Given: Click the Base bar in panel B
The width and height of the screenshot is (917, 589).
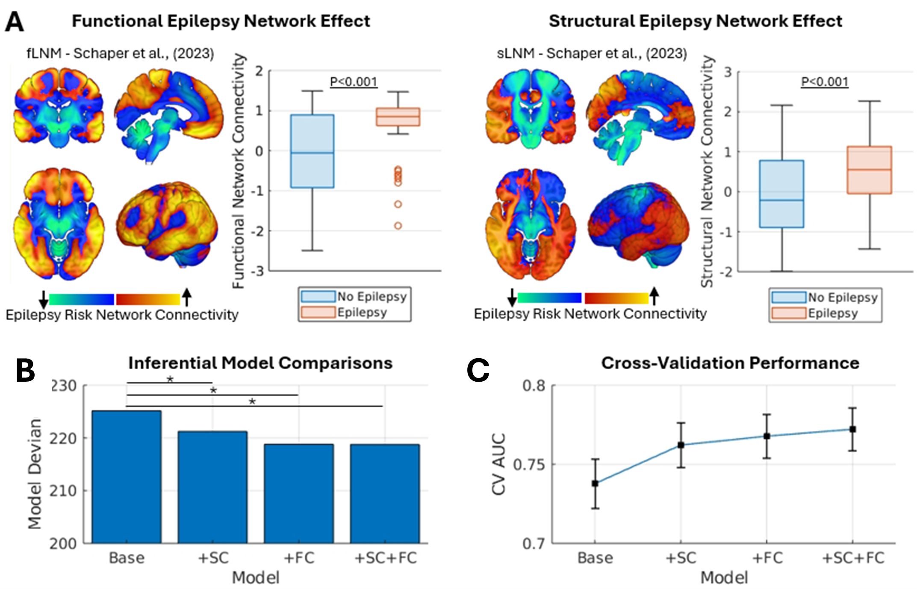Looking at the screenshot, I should tap(127, 477).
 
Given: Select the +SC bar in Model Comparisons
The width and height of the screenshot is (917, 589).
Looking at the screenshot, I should tap(212, 487).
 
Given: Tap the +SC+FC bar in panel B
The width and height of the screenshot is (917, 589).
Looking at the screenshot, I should tap(385, 493).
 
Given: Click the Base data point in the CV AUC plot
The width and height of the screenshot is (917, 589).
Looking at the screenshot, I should tap(595, 483).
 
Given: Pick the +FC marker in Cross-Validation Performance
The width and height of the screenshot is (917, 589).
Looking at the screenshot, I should tap(767, 436).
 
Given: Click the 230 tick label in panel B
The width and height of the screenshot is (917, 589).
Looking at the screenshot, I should tap(63, 386).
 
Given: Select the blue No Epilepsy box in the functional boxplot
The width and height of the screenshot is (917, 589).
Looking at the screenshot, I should tap(312, 151).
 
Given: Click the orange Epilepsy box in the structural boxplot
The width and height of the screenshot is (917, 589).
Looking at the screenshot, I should tap(869, 170).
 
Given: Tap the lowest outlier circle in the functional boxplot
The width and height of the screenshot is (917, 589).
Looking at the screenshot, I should tap(398, 226).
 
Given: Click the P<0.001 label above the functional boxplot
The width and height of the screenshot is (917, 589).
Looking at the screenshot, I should tap(354, 82).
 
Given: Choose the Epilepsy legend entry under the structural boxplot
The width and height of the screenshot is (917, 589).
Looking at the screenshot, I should tap(832, 313).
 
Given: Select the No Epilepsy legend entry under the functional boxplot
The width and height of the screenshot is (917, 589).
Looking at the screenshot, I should tap(372, 296).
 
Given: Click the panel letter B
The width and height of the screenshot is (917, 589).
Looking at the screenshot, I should tap(25, 370).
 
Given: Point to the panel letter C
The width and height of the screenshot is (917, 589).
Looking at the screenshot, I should tap(478, 370).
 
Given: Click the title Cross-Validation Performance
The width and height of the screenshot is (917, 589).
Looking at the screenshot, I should tap(730, 363).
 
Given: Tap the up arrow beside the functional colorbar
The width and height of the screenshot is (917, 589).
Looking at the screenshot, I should tap(186, 297).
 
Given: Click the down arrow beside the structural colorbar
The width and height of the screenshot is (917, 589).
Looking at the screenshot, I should tap(512, 297).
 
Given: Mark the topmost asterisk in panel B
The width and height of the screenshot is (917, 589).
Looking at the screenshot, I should tap(170, 379).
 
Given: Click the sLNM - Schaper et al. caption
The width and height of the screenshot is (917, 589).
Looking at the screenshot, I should tap(592, 53).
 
